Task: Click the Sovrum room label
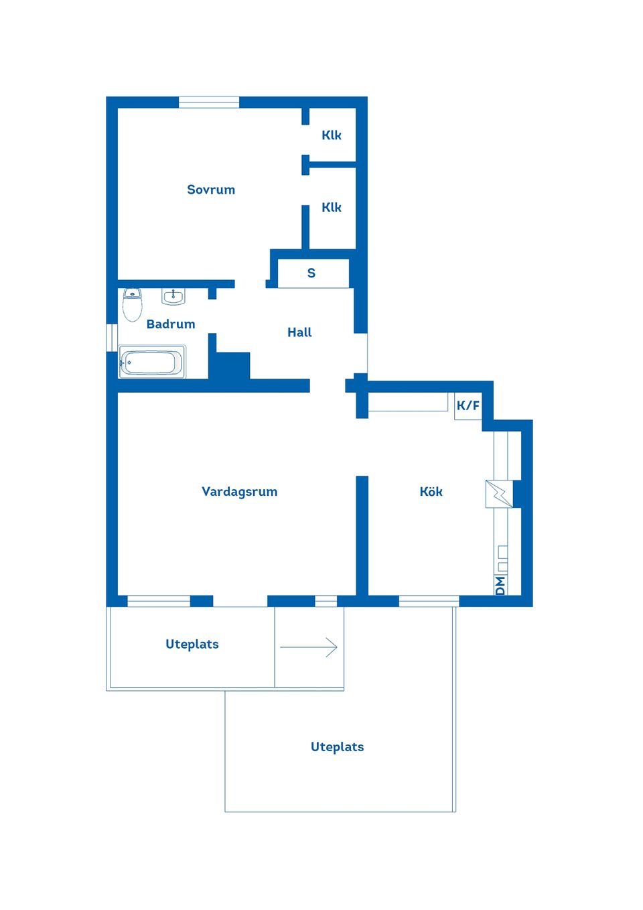(x=211, y=190)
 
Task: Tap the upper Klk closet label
(x=331, y=135)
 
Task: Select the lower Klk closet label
(x=331, y=208)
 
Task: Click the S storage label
(x=311, y=273)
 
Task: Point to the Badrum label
(x=171, y=324)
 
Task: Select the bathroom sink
(x=173, y=296)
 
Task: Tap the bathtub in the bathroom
(x=152, y=363)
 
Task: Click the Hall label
(x=299, y=332)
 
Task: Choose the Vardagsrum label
(x=239, y=492)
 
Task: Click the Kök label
(x=431, y=492)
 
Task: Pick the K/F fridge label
(x=468, y=406)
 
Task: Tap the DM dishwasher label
(x=500, y=586)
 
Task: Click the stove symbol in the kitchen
(x=499, y=494)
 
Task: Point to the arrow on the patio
(x=309, y=647)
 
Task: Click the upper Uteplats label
(x=192, y=645)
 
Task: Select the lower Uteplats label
(x=337, y=747)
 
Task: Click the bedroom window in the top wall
(x=209, y=103)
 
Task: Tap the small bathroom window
(x=112, y=338)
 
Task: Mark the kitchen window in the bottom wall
(x=429, y=601)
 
